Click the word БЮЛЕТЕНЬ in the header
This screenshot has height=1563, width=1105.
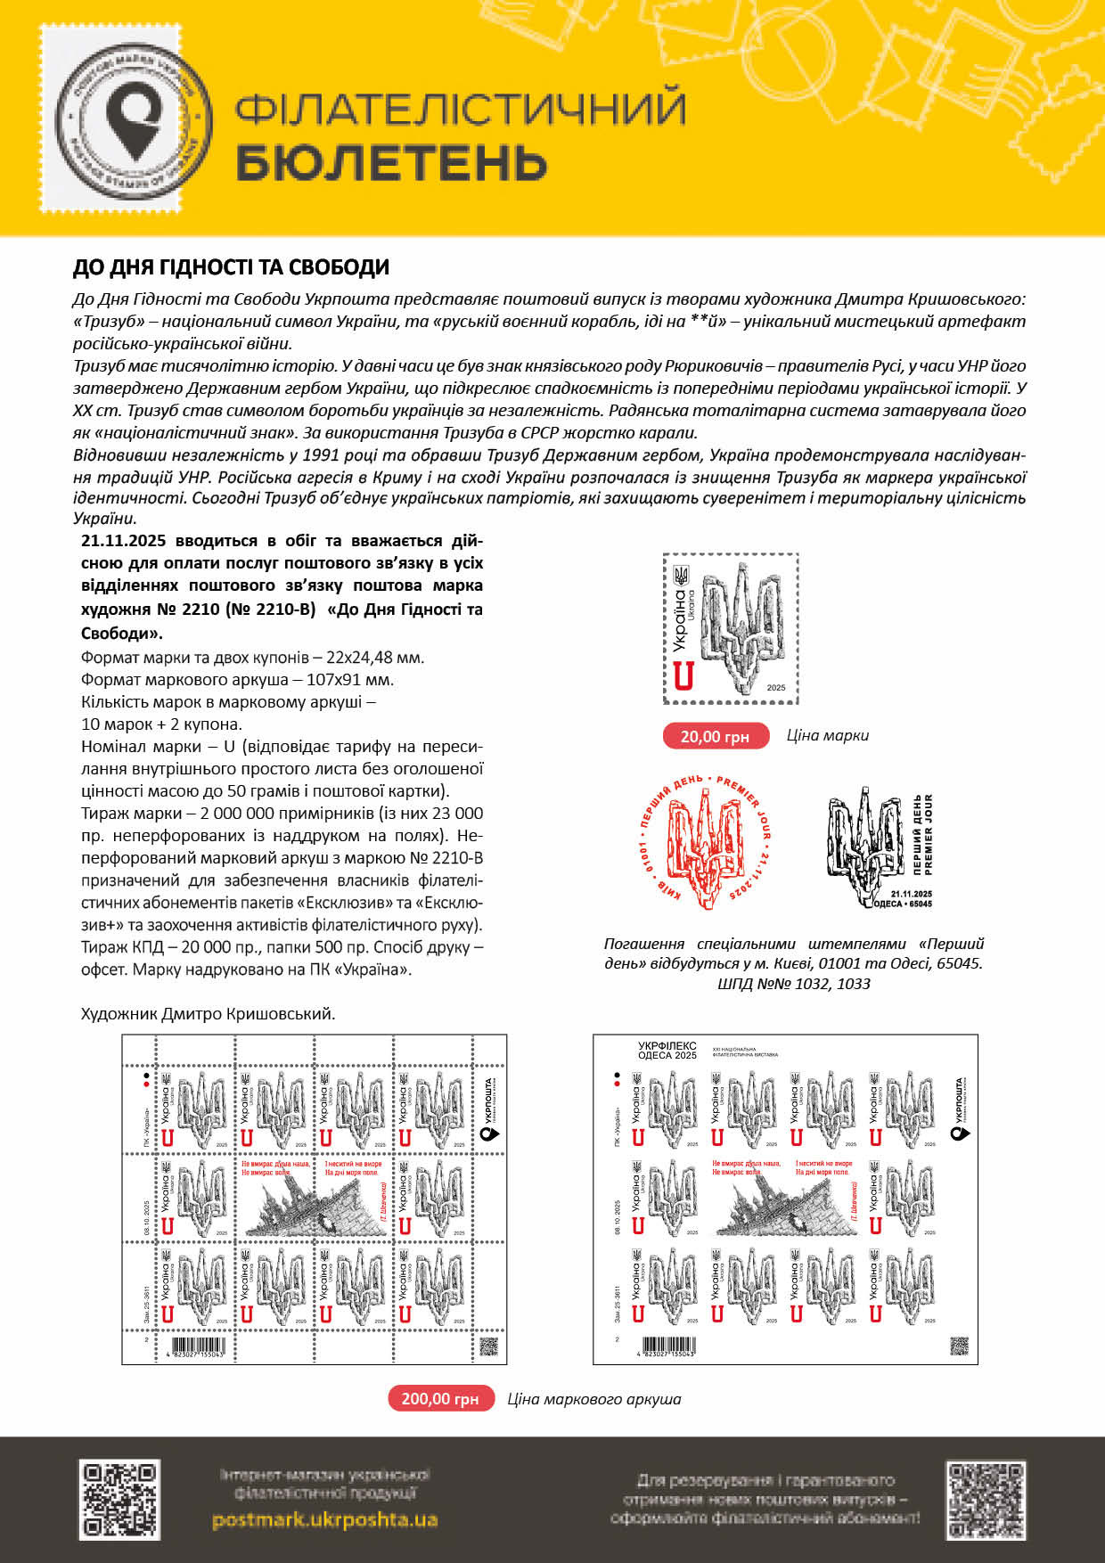click(391, 163)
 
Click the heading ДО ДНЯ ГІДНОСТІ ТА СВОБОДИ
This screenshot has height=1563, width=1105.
click(231, 267)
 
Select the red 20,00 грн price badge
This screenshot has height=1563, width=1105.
click(715, 736)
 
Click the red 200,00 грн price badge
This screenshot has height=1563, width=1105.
click(440, 1398)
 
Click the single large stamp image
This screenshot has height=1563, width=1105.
click(731, 629)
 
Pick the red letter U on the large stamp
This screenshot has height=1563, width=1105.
click(683, 676)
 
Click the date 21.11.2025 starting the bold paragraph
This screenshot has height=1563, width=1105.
click(124, 541)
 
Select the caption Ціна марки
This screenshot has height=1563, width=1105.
click(827, 735)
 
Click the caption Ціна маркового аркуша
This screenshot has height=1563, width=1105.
click(593, 1399)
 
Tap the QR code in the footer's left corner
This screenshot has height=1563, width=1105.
click(119, 1500)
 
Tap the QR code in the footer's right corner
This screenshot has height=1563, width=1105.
click(985, 1500)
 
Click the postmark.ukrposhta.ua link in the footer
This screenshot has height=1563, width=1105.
click(324, 1519)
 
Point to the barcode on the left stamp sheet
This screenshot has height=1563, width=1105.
click(197, 1346)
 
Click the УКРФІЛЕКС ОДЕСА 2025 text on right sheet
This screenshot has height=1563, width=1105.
click(667, 1051)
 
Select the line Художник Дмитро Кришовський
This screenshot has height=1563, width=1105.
click(208, 1014)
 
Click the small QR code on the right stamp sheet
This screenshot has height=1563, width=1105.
click(959, 1345)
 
